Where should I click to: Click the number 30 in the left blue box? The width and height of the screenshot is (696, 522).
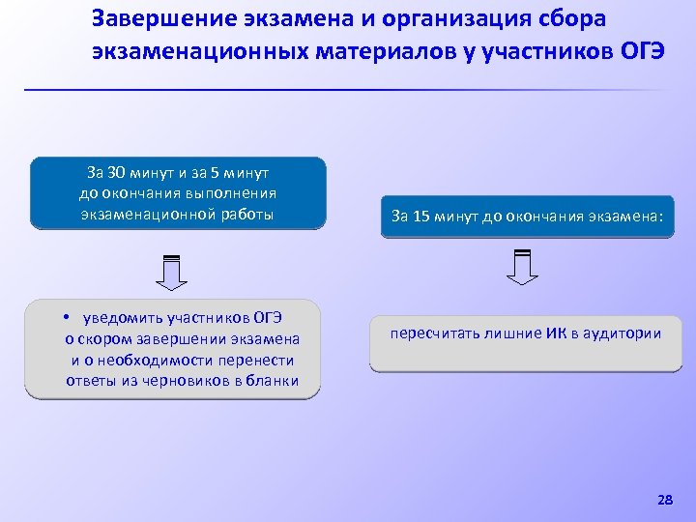[116, 174]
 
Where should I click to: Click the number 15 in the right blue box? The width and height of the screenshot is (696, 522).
[422, 217]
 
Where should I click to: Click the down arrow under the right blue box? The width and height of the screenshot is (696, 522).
[522, 267]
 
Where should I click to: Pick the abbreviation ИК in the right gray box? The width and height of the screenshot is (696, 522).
[557, 333]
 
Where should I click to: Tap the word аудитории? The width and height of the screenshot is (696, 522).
[625, 333]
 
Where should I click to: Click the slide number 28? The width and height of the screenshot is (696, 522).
[664, 500]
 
